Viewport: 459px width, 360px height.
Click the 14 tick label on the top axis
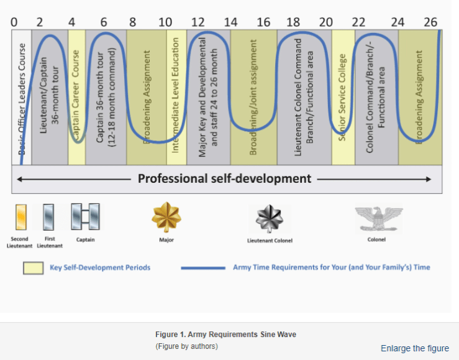click(x=230, y=22)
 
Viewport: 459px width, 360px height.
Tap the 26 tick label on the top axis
click(x=430, y=22)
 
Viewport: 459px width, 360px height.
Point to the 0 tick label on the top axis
click(x=14, y=22)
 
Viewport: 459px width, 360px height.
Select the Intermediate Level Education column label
click(x=176, y=96)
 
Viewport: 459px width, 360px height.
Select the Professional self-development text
click(x=224, y=179)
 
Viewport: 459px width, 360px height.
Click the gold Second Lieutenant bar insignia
click(x=21, y=218)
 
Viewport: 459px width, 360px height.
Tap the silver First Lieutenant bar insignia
click(x=48, y=218)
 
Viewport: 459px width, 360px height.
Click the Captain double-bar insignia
click(x=85, y=218)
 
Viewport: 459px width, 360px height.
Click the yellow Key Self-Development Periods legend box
click(x=33, y=268)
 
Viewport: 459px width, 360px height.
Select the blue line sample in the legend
click(x=202, y=268)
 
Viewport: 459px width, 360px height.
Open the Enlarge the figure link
click(x=414, y=348)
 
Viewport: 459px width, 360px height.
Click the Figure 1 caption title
click(x=225, y=335)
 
